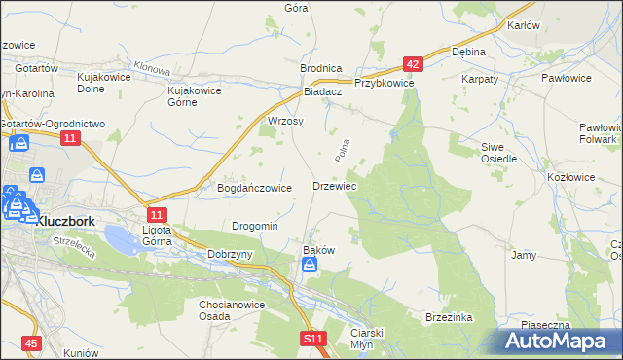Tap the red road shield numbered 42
[x=414, y=64]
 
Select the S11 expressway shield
[x=311, y=338]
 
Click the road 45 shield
[x=31, y=343]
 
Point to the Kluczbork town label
[x=60, y=221]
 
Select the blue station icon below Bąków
[x=309, y=266]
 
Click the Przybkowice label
[x=385, y=84]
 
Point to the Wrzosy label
[x=285, y=122]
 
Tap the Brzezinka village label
[x=448, y=317]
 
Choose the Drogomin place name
[x=255, y=226]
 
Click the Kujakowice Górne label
[x=196, y=95]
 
